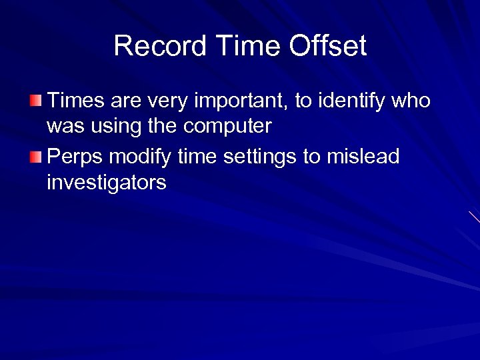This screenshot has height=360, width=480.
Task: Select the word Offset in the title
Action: click(x=328, y=46)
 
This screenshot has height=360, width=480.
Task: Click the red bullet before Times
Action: click(x=35, y=101)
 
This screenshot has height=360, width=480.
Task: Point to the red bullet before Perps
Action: click(x=35, y=157)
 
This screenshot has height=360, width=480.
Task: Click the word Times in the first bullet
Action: click(x=76, y=101)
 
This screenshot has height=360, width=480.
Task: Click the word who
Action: click(x=411, y=101)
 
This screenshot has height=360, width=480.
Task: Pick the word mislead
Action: click(x=363, y=157)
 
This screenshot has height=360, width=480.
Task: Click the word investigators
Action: click(x=106, y=182)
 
